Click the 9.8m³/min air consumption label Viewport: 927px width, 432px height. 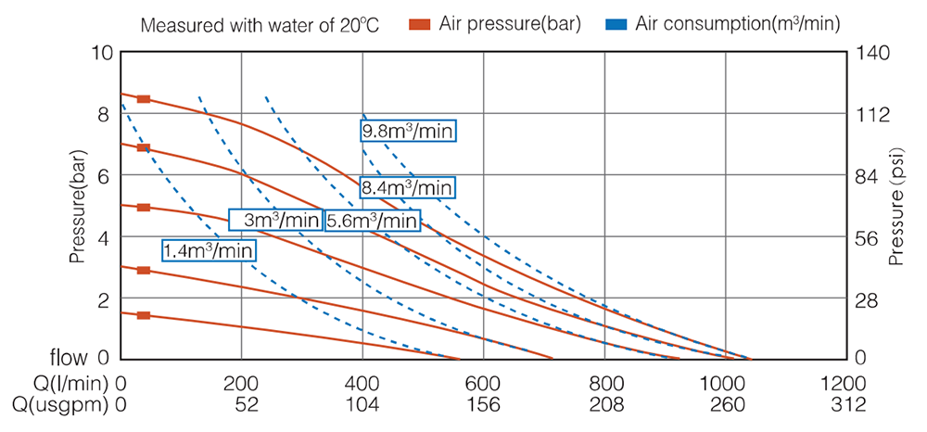point(408,131)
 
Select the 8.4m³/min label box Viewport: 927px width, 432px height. point(408,188)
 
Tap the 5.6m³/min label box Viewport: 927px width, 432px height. point(372,221)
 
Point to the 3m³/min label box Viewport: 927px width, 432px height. point(275,221)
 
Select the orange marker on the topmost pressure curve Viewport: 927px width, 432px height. point(144,99)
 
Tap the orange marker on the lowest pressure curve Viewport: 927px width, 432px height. point(144,316)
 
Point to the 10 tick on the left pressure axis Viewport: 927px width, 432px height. point(102,53)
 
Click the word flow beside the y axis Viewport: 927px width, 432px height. point(70,358)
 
